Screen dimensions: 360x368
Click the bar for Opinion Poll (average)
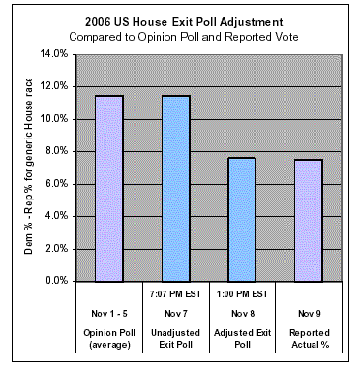[109, 189]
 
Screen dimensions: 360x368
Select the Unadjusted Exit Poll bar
[176, 189]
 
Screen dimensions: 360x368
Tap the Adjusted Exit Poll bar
[242, 220]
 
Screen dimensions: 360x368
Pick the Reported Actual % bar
[309, 221]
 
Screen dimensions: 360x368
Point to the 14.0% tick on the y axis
[54, 54]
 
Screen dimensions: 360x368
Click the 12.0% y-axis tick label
[54, 86]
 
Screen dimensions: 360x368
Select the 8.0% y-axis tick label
[56, 151]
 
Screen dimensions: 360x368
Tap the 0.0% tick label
[56, 281]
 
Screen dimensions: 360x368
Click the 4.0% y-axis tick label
[56, 216]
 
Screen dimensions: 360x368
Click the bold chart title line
[184, 22]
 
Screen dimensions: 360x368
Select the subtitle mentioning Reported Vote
[184, 37]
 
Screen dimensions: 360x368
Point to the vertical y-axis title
[28, 167]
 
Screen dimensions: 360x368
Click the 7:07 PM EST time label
[175, 294]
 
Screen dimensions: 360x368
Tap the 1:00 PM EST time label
[242, 294]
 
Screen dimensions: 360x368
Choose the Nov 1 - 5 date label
[109, 314]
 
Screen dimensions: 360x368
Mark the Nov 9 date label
[310, 314]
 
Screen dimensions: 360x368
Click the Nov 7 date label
[176, 314]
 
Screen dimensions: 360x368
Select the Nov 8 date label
[243, 314]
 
